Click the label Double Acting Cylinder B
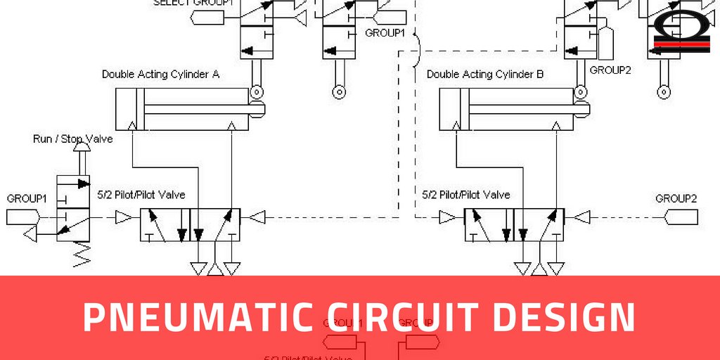pos(485,74)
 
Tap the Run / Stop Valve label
pos(72,139)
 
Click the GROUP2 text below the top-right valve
pos(609,70)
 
